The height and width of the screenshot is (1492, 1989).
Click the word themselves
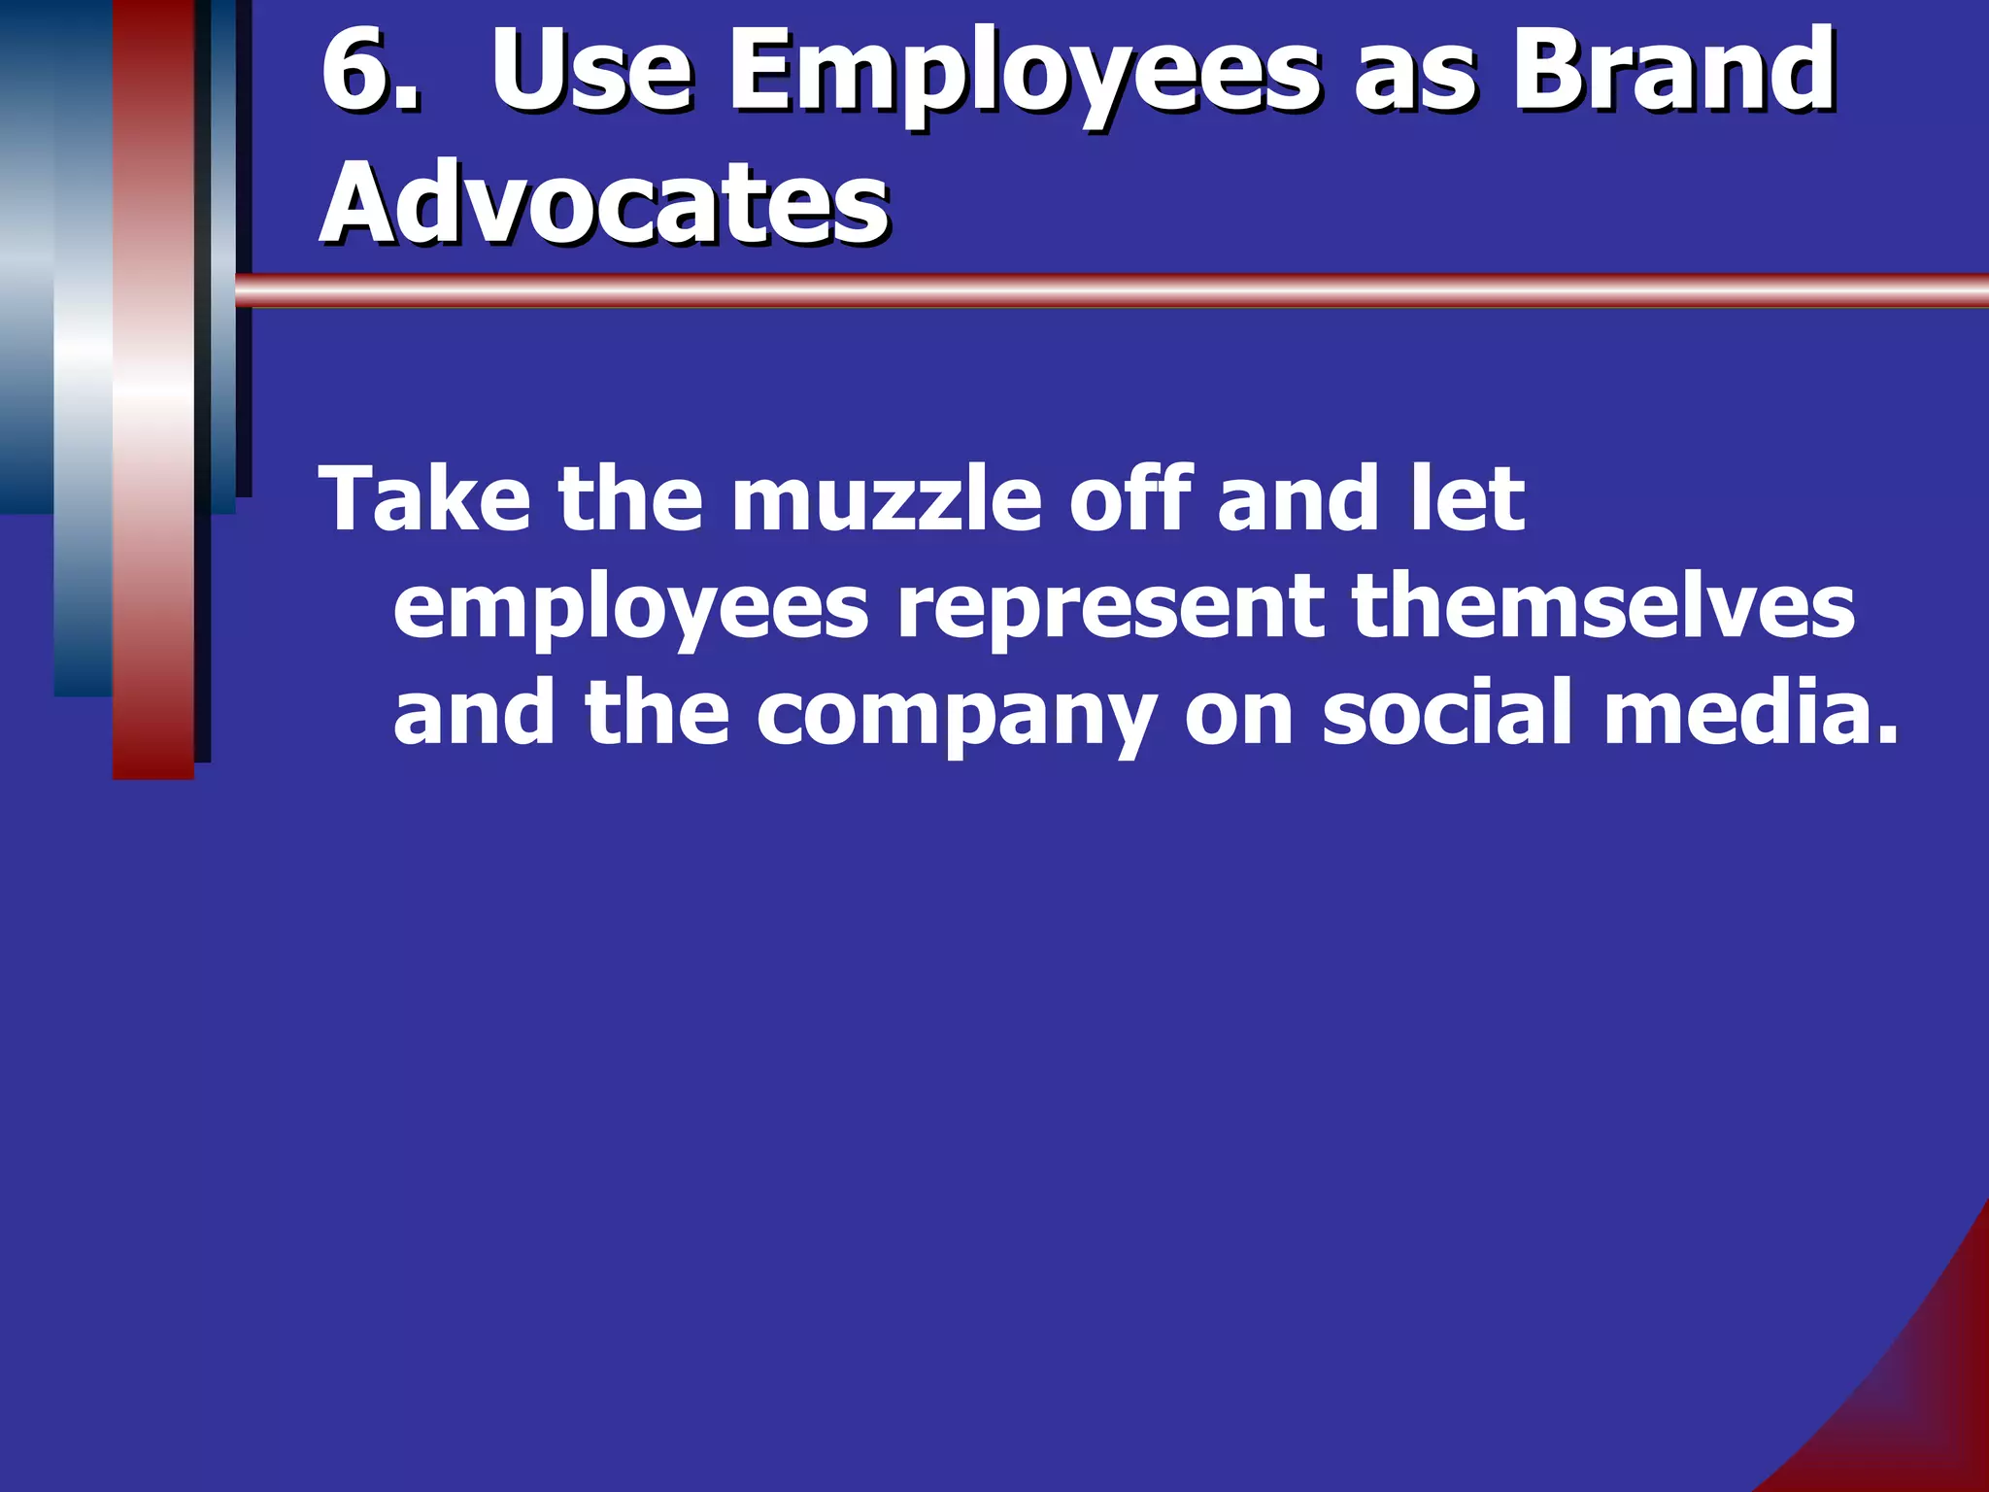point(1602,607)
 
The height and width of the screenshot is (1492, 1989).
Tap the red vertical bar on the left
point(153,389)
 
